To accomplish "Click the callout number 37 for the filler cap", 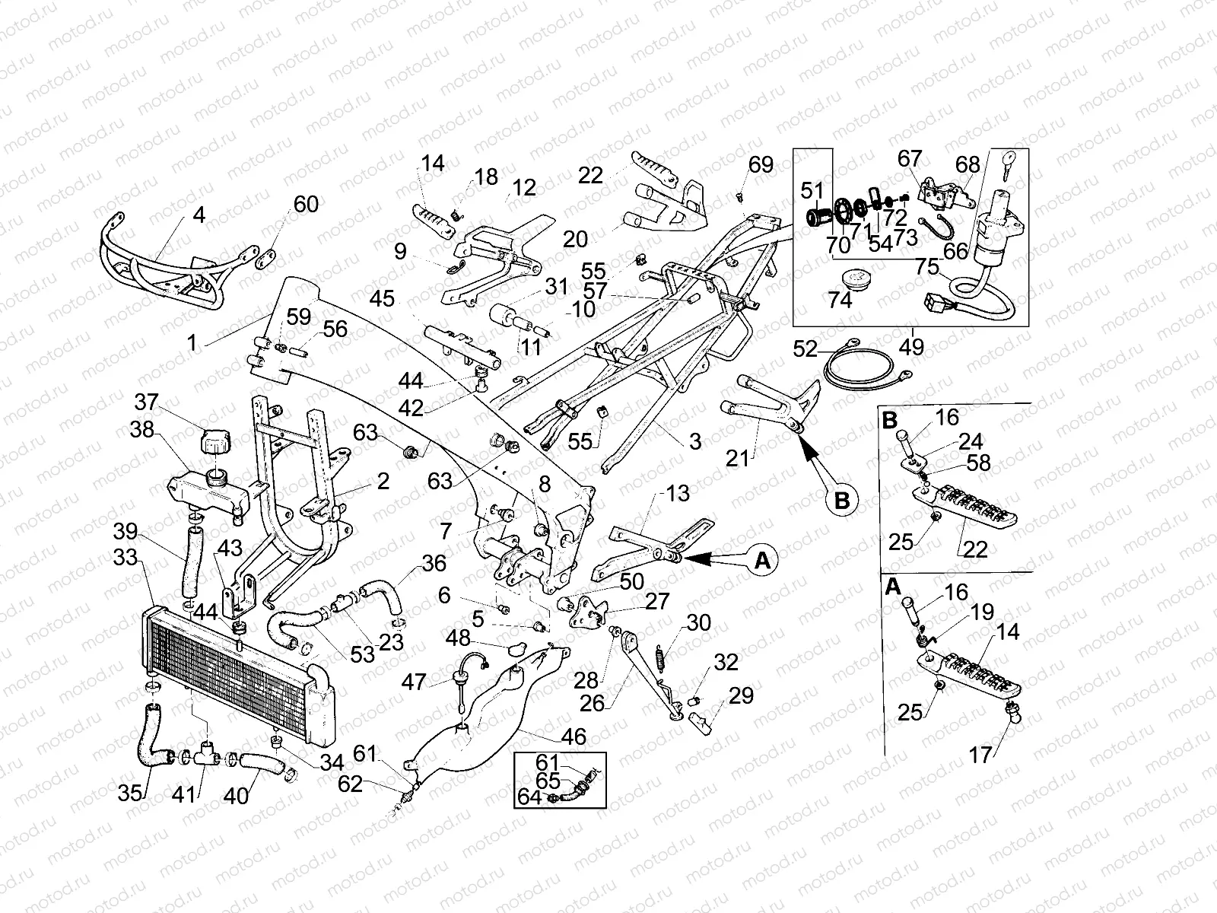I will point(146,401).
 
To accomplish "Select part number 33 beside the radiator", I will point(126,557).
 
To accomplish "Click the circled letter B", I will point(842,501).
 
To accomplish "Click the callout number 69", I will point(761,164).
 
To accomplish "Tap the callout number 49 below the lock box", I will point(911,348).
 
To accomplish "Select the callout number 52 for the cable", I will point(805,349).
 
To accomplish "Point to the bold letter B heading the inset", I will point(890,419).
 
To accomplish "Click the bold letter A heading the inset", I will point(893,586).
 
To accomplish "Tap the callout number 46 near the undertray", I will point(574,736).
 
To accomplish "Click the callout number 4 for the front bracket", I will point(199,215).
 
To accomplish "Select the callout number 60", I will point(306,204).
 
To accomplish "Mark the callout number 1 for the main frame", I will point(192,343).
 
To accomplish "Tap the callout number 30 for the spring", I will point(698,623).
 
